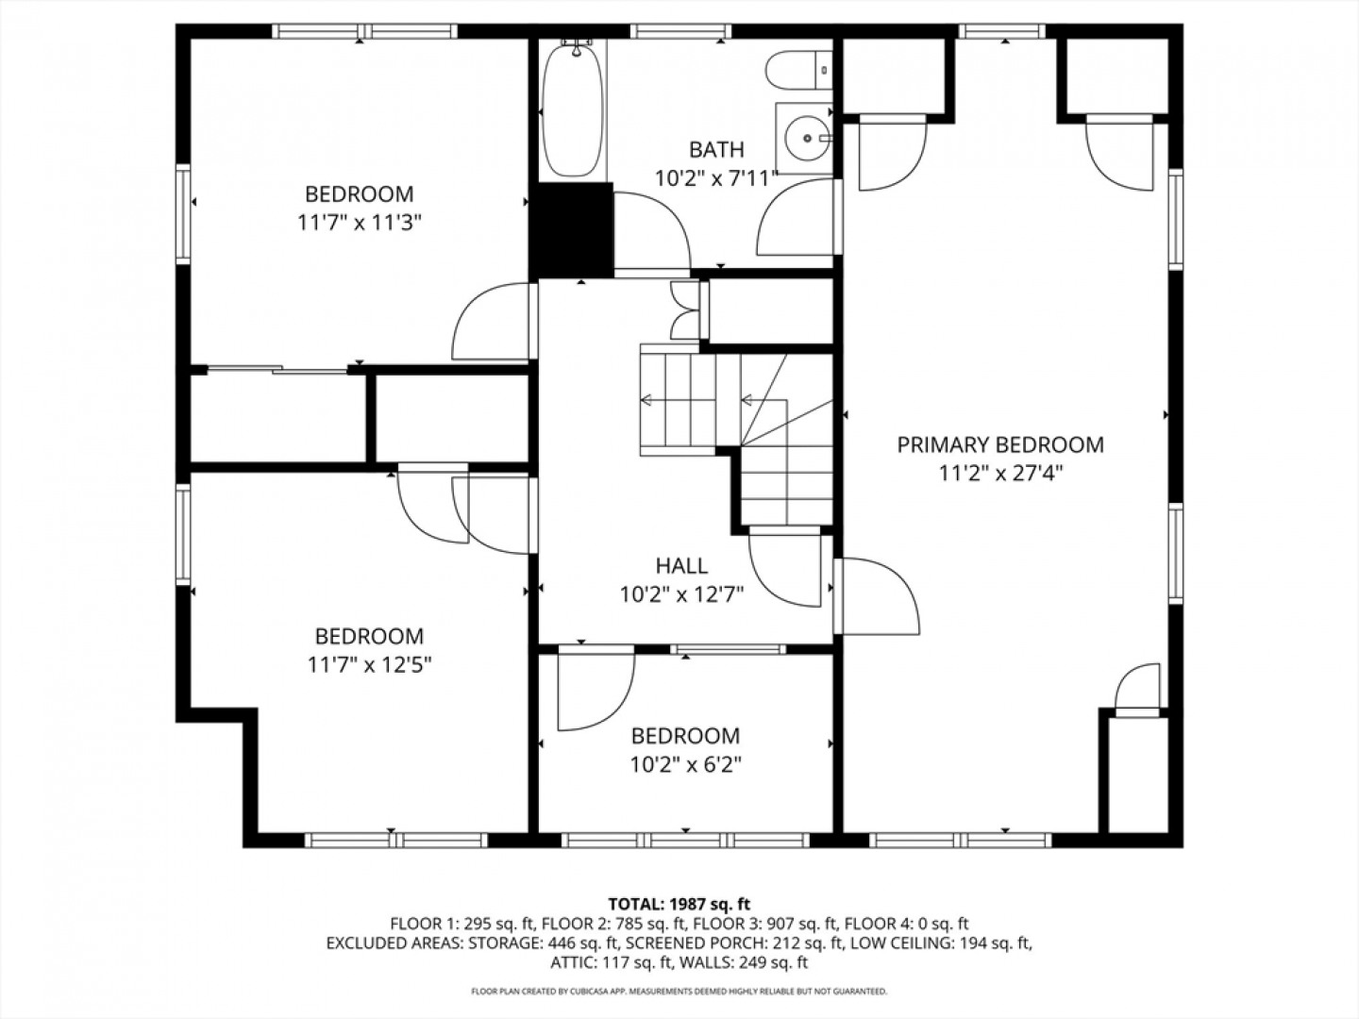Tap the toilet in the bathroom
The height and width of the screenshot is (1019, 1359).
click(799, 71)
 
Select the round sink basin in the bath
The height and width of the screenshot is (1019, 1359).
click(807, 139)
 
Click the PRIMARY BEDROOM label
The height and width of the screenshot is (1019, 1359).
click(999, 444)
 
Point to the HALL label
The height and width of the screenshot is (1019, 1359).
click(681, 565)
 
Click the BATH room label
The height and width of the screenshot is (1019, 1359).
click(716, 150)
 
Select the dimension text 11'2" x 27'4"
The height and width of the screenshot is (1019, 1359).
click(1000, 474)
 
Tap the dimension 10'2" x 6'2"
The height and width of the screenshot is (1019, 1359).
click(685, 765)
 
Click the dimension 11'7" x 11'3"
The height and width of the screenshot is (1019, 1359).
click(360, 224)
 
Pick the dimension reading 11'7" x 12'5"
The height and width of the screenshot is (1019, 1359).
click(369, 666)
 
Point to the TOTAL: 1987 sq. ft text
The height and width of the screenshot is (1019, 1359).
click(679, 905)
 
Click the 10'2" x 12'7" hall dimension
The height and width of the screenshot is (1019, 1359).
click(681, 595)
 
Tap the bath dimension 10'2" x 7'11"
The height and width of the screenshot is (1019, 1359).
click(716, 179)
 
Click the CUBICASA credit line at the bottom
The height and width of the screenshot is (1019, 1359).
click(679, 991)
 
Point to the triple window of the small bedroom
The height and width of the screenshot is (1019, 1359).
click(685, 840)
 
